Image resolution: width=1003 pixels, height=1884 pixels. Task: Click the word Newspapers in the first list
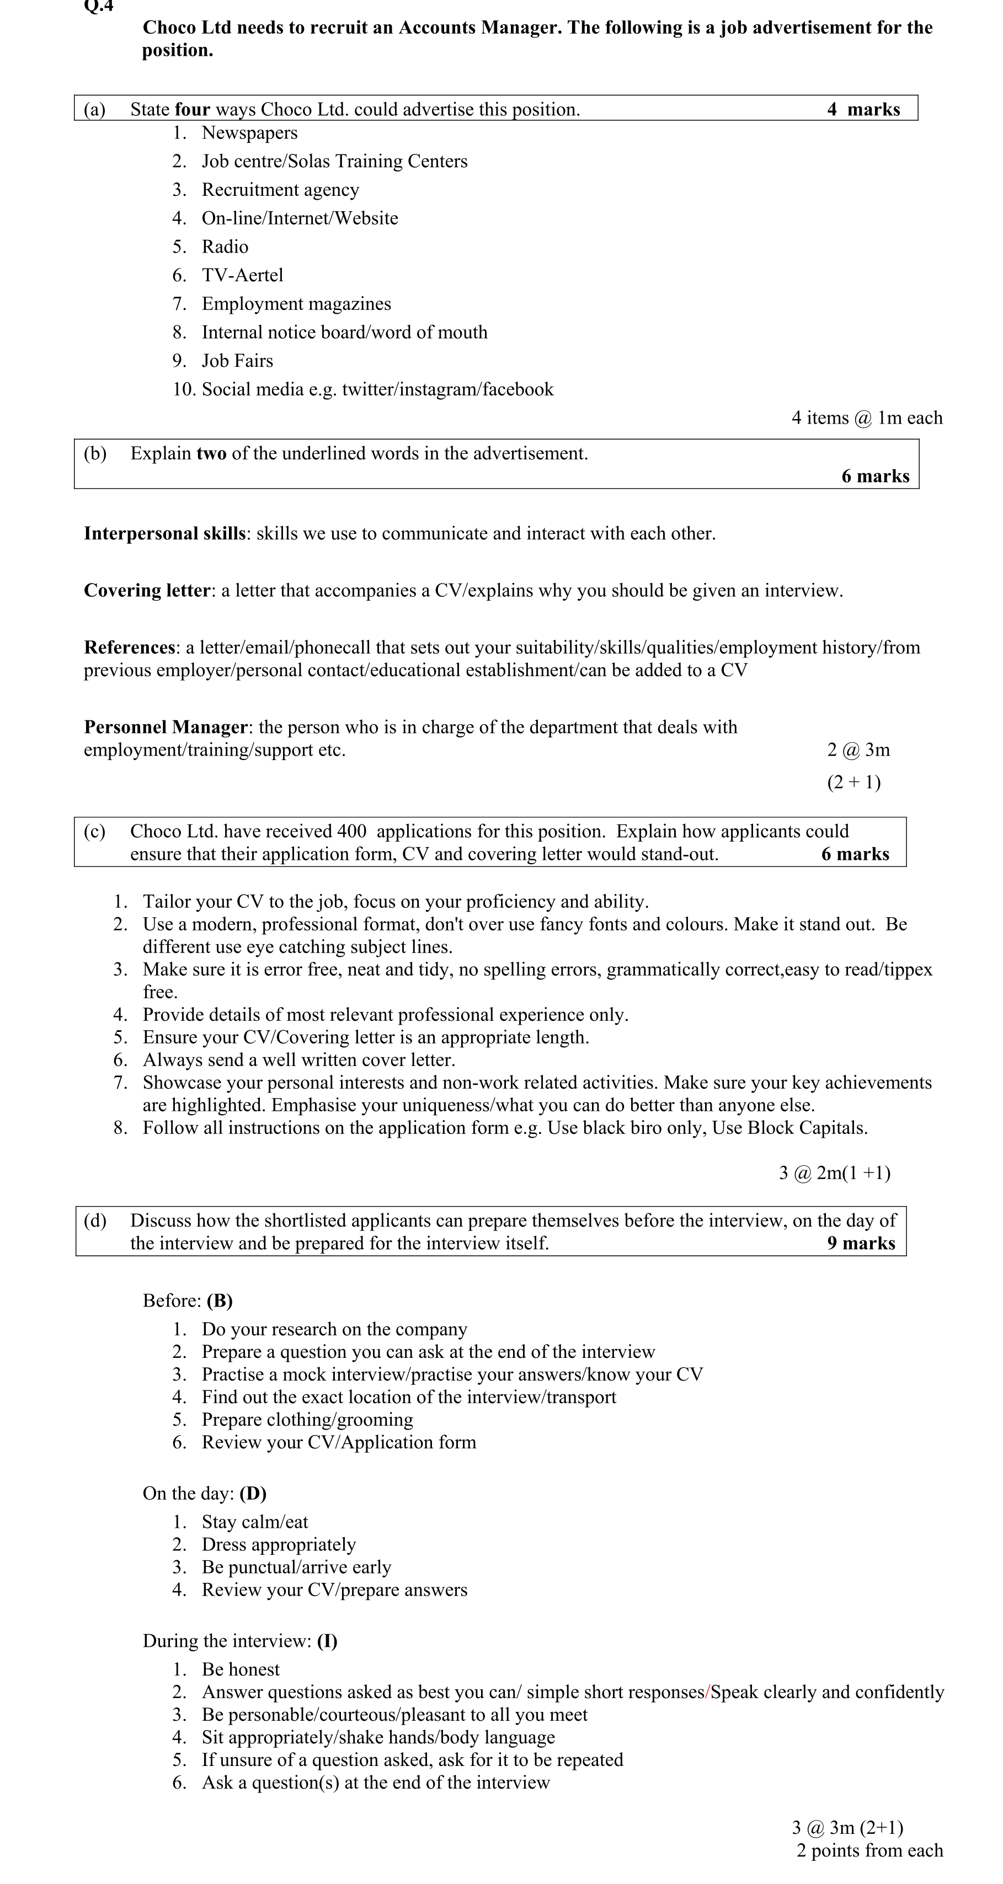[249, 133]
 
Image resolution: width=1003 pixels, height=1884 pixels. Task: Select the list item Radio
[225, 247]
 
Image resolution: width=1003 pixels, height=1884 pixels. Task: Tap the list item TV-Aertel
[242, 275]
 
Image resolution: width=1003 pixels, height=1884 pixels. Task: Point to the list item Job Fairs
[237, 361]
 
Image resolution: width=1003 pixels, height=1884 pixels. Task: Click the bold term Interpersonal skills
[164, 534]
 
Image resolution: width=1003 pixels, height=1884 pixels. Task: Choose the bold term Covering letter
[147, 591]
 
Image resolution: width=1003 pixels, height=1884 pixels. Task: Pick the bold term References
[130, 648]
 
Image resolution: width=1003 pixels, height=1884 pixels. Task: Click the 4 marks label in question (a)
[863, 110]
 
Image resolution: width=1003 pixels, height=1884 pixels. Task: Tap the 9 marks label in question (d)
[861, 1243]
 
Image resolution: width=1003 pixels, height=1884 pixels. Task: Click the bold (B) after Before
[220, 1301]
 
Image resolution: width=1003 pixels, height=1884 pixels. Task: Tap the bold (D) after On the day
[252, 1494]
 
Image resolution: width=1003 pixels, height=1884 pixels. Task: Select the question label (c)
[94, 832]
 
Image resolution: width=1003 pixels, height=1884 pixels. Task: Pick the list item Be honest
[241, 1669]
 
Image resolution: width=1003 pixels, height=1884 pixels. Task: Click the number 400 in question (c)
[353, 832]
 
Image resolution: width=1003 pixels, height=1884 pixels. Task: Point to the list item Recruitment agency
[280, 190]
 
